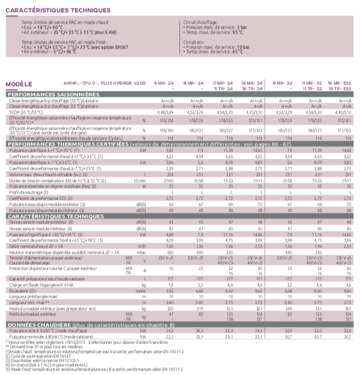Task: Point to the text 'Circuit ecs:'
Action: pos(197,41)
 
